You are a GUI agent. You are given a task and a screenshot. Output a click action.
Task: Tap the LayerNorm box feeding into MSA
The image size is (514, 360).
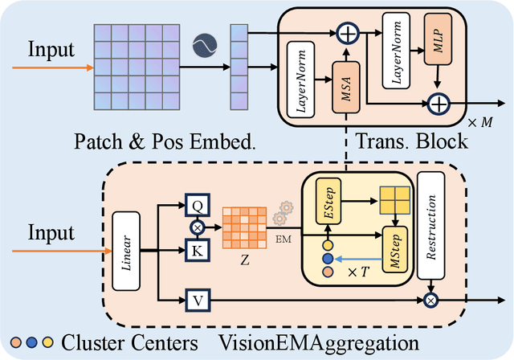[298, 79]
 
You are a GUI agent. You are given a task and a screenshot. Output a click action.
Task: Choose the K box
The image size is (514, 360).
[196, 251]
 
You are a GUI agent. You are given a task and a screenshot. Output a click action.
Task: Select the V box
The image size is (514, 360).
[196, 301]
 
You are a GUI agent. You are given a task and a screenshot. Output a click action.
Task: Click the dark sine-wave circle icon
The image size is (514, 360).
[205, 45]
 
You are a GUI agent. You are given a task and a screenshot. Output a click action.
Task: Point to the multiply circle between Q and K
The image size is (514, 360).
[196, 227]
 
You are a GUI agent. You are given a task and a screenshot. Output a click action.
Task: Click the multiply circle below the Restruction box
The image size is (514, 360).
[432, 301]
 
